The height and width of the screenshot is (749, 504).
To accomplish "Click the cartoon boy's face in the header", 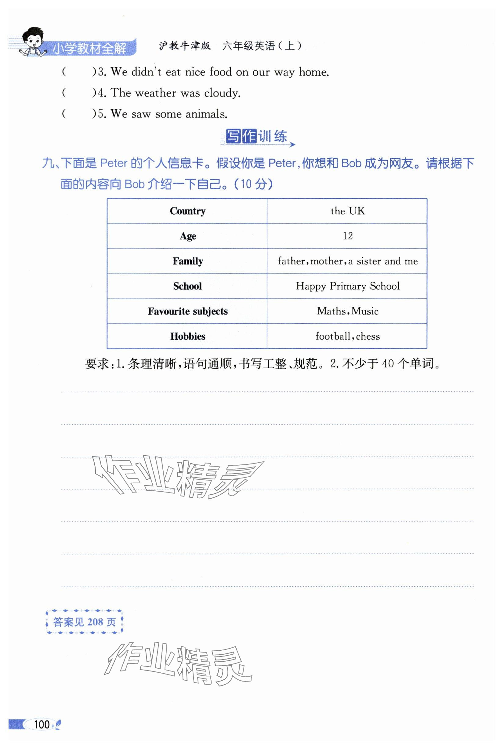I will click(x=33, y=40).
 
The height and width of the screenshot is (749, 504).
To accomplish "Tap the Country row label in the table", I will click(x=187, y=211).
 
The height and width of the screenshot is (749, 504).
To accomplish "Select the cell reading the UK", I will click(x=347, y=211).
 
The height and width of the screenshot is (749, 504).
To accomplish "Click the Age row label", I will click(x=188, y=236).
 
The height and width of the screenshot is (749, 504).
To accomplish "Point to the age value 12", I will click(x=347, y=236).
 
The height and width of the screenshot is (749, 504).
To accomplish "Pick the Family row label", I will click(x=188, y=261).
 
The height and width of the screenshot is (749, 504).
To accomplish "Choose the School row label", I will click(x=187, y=286).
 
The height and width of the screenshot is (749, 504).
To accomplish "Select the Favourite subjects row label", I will click(x=188, y=311).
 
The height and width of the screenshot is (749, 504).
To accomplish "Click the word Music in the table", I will click(x=365, y=311).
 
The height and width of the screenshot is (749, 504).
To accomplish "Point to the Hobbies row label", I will click(x=188, y=336).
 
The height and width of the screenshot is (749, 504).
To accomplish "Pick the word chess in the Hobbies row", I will click(x=368, y=336).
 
